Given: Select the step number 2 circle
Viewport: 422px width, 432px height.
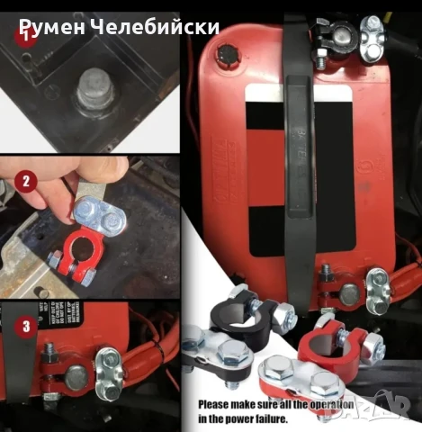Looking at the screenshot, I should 26,182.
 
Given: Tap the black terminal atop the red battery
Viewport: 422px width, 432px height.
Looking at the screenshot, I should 328,36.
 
